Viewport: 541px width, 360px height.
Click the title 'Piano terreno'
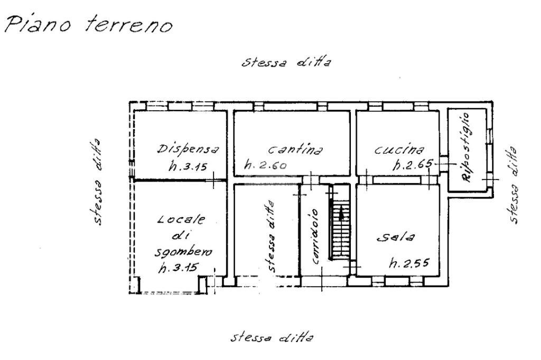tap(89, 24)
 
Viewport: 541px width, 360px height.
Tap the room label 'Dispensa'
tap(187, 149)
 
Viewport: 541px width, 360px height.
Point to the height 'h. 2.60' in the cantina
tap(265, 165)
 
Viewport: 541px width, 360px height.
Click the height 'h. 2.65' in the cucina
tap(412, 165)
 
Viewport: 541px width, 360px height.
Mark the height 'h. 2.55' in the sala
tap(409, 264)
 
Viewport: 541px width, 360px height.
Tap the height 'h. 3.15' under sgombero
tap(178, 268)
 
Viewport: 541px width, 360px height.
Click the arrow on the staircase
tap(341, 213)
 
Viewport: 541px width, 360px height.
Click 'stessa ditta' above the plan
tap(286, 62)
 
